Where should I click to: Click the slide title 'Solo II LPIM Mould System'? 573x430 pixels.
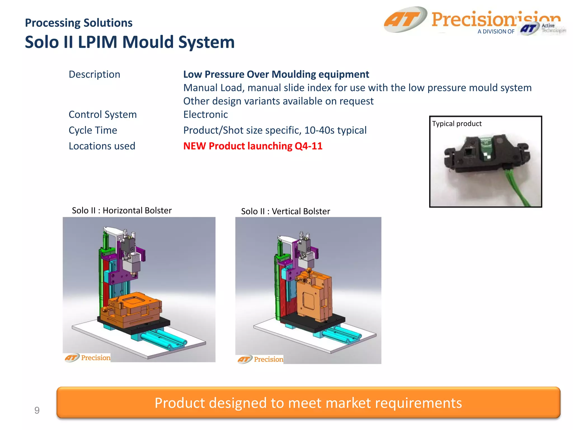pyautogui.click(x=130, y=42)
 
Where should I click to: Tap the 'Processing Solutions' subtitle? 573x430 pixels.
pyautogui.click(x=79, y=23)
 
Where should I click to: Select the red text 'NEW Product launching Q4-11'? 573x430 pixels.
pyautogui.click(x=253, y=146)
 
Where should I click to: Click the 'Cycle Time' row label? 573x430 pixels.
pyautogui.click(x=93, y=130)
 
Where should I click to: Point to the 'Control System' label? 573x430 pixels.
pyautogui.click(x=103, y=114)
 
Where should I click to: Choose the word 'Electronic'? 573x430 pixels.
pyautogui.click(x=205, y=114)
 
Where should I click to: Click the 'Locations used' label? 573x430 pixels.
pyautogui.click(x=102, y=146)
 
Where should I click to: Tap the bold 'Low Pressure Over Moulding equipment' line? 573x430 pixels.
pyautogui.click(x=276, y=74)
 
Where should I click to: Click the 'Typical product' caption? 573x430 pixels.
pyautogui.click(x=457, y=123)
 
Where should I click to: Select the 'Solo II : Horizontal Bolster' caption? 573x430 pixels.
pyautogui.click(x=122, y=210)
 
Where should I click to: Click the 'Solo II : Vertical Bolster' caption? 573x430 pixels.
pyautogui.click(x=285, y=211)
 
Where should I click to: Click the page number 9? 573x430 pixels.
pyautogui.click(x=37, y=410)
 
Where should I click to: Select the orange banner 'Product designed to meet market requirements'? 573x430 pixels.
pyautogui.click(x=308, y=403)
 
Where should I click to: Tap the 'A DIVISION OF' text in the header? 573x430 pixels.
pyautogui.click(x=496, y=32)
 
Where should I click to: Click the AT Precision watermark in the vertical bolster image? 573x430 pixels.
pyautogui.click(x=260, y=359)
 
